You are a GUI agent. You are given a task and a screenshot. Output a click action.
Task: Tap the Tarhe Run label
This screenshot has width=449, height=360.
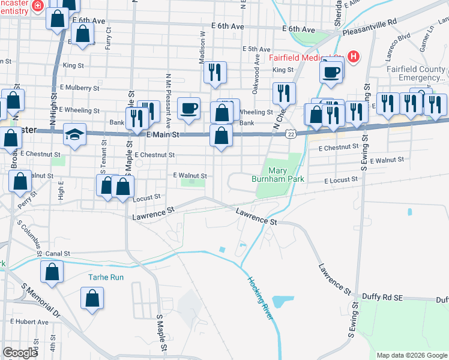[x=106, y=277]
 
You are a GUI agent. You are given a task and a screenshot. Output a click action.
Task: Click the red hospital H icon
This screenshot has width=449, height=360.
[x=354, y=58]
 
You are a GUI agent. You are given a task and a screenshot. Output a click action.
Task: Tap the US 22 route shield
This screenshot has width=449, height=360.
[x=291, y=131]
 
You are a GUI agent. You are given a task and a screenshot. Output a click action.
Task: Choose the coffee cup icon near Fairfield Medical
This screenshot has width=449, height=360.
[x=331, y=72]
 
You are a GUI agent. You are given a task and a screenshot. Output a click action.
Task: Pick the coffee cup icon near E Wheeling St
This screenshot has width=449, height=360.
[x=188, y=107]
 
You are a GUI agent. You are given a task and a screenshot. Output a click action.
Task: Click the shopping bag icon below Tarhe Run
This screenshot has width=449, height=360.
[x=92, y=298]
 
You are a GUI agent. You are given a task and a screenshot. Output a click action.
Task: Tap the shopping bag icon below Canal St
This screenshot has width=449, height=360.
[x=52, y=271]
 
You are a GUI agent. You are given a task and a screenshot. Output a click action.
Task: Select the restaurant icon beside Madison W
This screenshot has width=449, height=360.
[x=214, y=72]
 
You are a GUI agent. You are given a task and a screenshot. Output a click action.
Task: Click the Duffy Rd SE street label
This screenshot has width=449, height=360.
[x=380, y=296]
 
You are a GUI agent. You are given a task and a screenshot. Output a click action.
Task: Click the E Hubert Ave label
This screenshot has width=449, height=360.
[x=29, y=322]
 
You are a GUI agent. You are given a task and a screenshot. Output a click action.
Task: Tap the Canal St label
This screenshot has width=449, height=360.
[x=58, y=254]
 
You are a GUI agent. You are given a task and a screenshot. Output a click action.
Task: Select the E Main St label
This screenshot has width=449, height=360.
[x=163, y=136]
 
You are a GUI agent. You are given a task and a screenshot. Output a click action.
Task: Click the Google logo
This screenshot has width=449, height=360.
[x=20, y=353]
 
